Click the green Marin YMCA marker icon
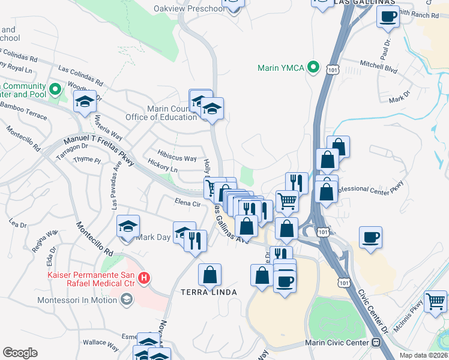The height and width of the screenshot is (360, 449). click(x=313, y=68)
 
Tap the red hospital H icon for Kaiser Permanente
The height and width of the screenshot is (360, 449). click(x=143, y=278)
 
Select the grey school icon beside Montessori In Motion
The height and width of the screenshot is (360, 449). click(x=127, y=299)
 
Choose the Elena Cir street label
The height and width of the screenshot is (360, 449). click(x=187, y=203)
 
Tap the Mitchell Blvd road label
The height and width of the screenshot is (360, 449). click(x=378, y=67)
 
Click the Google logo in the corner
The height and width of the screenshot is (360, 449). click(x=20, y=353)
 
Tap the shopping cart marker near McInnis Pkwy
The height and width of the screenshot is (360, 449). click(x=435, y=301)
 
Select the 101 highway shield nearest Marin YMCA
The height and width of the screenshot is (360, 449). click(x=334, y=70)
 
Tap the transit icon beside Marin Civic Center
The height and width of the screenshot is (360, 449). click(x=376, y=343)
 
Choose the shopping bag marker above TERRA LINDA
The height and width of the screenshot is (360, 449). click(x=209, y=275)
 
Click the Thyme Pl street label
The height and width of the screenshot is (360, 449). click(x=87, y=160)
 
